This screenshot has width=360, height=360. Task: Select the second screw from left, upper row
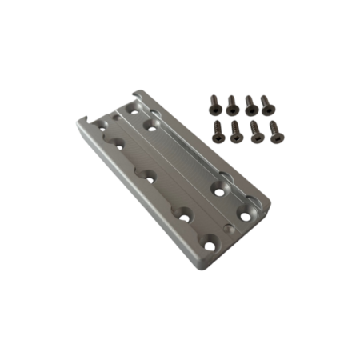[232, 103]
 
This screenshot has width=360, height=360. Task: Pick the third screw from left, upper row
[249, 103]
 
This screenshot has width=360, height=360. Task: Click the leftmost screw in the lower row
[217, 130]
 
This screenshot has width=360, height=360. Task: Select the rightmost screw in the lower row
[276, 133]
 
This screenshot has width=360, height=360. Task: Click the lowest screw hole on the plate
[210, 246]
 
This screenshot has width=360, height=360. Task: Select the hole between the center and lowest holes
[184, 214]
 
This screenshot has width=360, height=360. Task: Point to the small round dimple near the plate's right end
[230, 230]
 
